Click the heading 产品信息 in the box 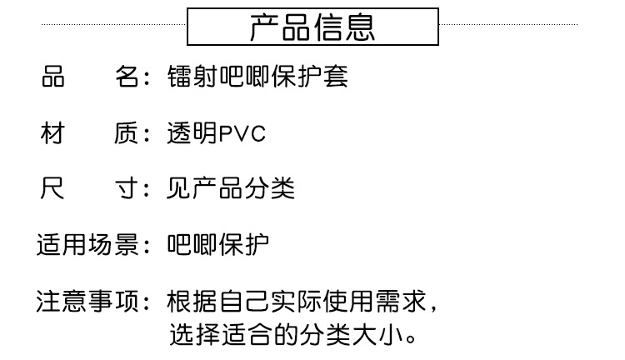click(x=312, y=27)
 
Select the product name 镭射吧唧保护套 click(x=257, y=77)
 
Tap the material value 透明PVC click(x=217, y=133)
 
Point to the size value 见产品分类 click(x=231, y=189)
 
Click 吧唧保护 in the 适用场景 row click(x=217, y=245)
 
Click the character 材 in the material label click(x=52, y=133)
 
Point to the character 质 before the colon click(x=126, y=133)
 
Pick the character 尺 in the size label click(x=52, y=189)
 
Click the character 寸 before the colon click(x=126, y=189)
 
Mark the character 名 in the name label click(x=126, y=77)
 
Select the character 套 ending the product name click(x=336, y=77)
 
